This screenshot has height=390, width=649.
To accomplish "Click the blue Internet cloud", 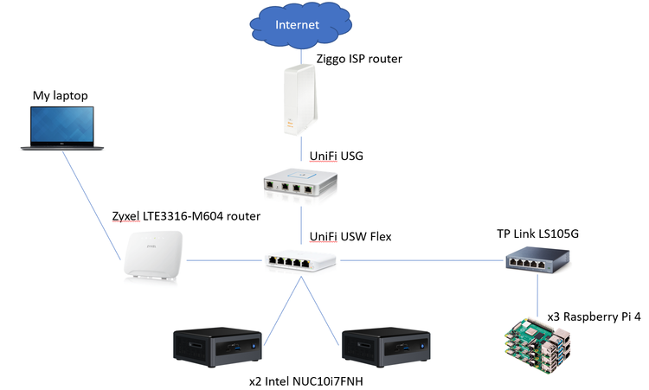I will point(297,25).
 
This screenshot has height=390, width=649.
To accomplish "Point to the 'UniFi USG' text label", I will point(337,157).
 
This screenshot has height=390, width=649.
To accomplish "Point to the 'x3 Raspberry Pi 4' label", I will point(593,316).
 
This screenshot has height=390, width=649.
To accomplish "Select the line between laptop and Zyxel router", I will point(95,204).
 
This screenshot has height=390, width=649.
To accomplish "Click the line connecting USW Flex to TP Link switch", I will point(415,259).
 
